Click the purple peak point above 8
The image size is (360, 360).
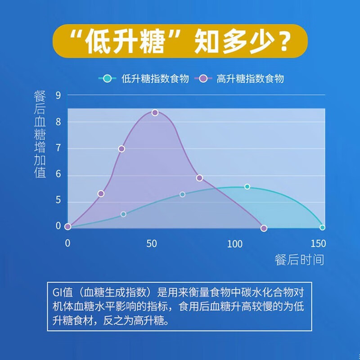click(155, 112)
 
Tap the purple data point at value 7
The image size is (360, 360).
click(121, 149)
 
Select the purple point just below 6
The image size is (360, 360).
click(199, 178)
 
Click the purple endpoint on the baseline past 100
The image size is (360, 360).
click(264, 228)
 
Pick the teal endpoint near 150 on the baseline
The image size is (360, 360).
click(322, 228)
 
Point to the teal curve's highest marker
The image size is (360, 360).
click(247, 187)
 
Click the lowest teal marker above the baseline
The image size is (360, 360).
click(123, 214)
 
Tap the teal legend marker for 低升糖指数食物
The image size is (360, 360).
click(107, 79)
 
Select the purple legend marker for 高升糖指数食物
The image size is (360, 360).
click(203, 79)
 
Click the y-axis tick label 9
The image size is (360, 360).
click(58, 95)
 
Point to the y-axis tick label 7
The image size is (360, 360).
click(58, 148)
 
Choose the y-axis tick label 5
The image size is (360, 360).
click(58, 200)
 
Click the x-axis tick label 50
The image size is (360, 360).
click(152, 243)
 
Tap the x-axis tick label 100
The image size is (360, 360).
click(234, 243)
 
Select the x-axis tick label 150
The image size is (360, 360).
click(318, 243)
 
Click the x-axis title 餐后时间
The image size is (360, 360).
click(299, 260)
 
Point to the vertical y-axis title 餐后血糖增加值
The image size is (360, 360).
click(40, 134)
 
